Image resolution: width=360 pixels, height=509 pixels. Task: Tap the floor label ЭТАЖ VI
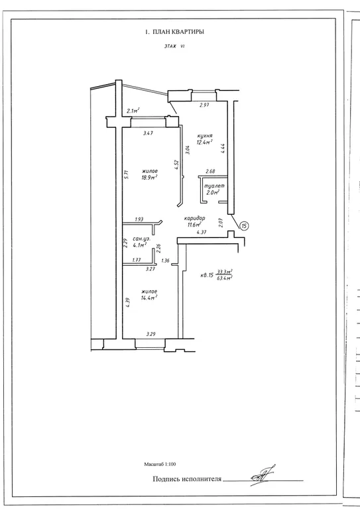coord(174,46)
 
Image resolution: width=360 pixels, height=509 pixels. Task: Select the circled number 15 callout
coord(245,225)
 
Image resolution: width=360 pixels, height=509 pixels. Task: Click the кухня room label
coord(204,136)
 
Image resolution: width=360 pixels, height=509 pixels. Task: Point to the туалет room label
coord(214,186)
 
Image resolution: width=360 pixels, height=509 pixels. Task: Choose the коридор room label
coord(194,218)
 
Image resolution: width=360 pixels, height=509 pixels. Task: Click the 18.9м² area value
coord(149,177)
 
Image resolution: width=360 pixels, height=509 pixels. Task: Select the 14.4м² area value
coord(149,298)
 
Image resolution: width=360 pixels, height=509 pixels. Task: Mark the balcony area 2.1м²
coord(133,111)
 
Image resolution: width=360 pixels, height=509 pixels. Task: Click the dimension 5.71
coord(127,175)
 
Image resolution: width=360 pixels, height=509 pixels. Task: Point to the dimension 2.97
coord(204,105)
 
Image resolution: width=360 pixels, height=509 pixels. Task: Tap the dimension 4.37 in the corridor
coord(202,232)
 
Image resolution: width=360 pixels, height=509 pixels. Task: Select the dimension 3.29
coord(151,334)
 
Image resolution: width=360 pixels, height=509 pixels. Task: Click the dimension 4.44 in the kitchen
coord(222,148)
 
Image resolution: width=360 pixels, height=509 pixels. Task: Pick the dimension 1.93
coord(139,219)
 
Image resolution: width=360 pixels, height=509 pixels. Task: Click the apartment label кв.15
coord(207,275)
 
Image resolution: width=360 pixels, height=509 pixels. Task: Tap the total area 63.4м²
coord(224,278)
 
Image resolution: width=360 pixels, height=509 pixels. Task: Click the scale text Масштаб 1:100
coord(160,464)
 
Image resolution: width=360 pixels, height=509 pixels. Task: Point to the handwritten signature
coord(263,476)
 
